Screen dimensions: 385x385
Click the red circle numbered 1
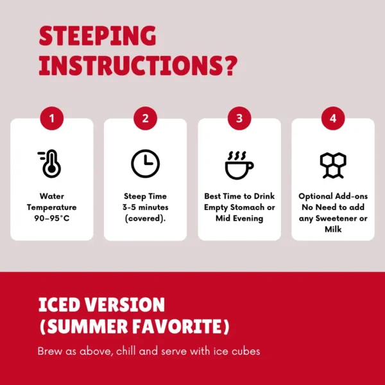pyautogui.click(x=52, y=118)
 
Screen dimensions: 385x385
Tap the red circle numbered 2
pyautogui.click(x=146, y=118)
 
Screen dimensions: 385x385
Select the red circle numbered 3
pyautogui.click(x=239, y=118)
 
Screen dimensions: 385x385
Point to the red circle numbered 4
pyautogui.click(x=333, y=118)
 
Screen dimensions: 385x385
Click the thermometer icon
pyautogui.click(x=50, y=164)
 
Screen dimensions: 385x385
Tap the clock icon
pyautogui.click(x=146, y=164)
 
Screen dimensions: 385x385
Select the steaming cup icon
pyautogui.click(x=239, y=165)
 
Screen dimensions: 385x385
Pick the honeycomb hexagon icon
pyautogui.click(x=333, y=165)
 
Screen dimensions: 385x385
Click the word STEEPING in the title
pyautogui.click(x=98, y=36)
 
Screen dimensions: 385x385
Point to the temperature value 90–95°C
pyautogui.click(x=52, y=218)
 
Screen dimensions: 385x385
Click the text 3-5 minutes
pyautogui.click(x=146, y=207)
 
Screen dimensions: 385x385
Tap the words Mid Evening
pyautogui.click(x=239, y=218)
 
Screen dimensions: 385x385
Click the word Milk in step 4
pyautogui.click(x=333, y=229)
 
